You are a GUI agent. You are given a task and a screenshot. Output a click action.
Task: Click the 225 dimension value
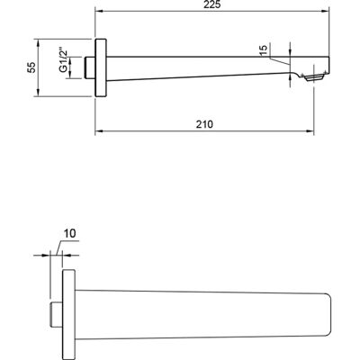212,4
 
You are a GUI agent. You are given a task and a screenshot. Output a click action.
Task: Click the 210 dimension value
204,124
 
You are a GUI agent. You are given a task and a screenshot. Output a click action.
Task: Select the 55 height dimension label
31,67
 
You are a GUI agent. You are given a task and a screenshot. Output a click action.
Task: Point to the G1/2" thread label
63,59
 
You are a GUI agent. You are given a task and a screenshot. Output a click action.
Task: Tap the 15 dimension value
263,50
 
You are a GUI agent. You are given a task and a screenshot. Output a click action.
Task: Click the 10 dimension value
69,233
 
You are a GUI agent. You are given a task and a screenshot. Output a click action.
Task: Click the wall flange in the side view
101,67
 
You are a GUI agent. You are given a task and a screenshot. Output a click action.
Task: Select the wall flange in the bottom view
68,313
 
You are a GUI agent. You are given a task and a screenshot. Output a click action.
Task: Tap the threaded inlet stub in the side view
90,67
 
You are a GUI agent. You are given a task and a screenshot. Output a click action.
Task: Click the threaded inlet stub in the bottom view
56,313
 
